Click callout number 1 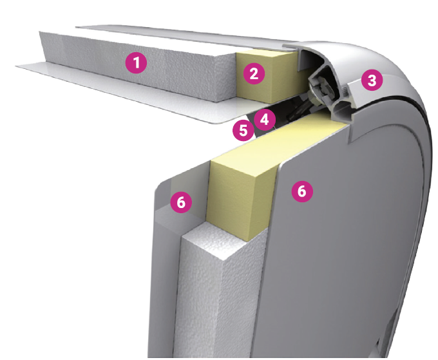(136, 63)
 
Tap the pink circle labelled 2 (254, 73)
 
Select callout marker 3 (372, 81)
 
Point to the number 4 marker (265, 120)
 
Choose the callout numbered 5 (243, 130)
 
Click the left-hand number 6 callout (181, 202)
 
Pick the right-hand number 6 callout (302, 191)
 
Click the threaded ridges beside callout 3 (345, 90)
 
